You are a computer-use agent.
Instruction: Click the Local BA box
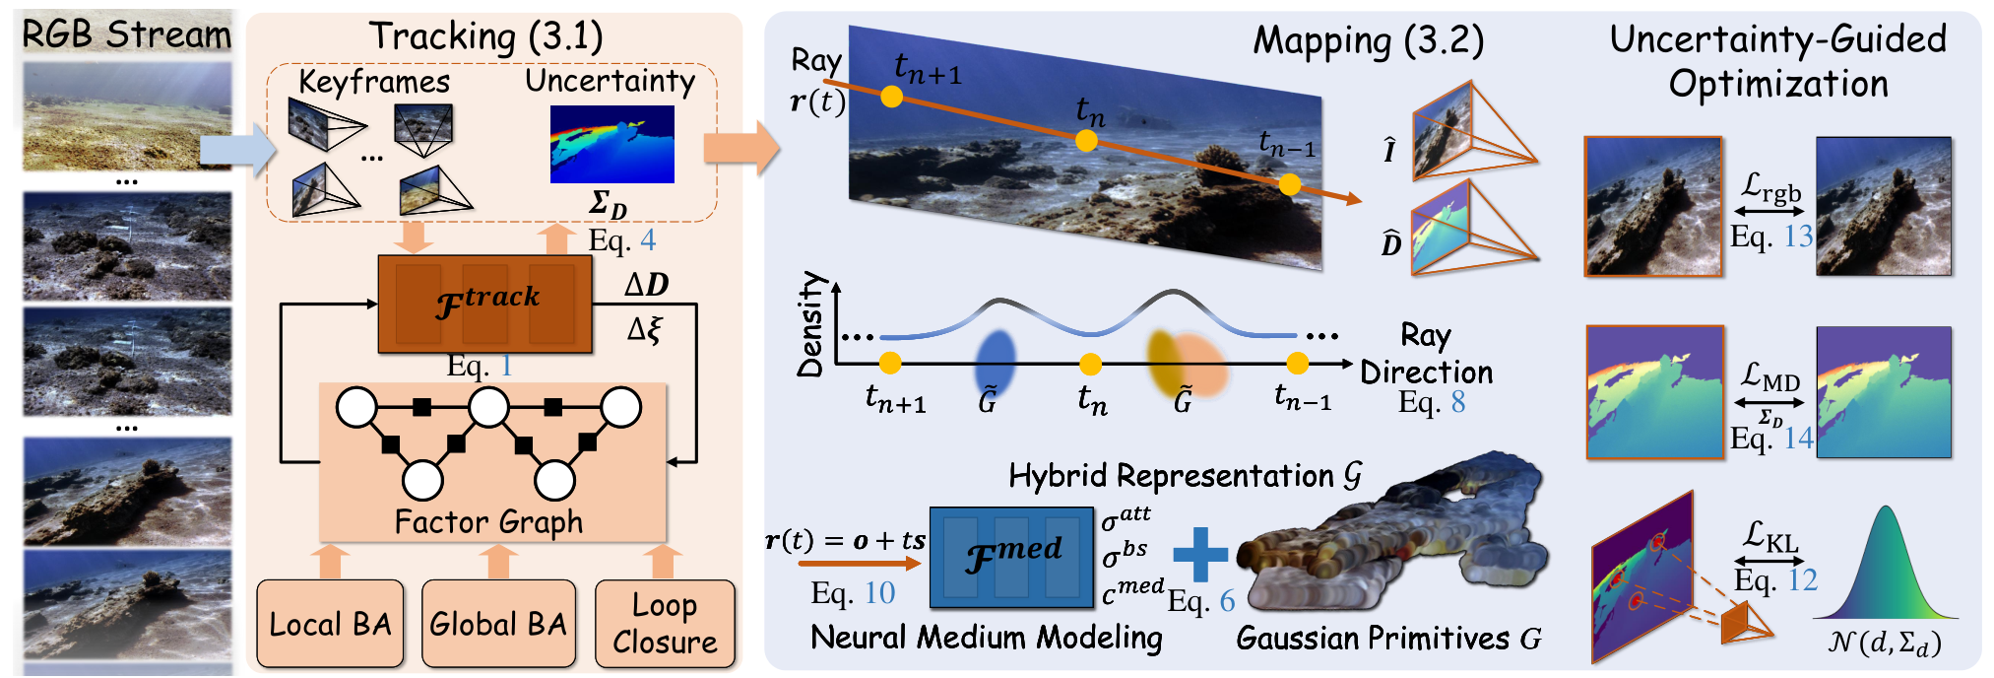330,624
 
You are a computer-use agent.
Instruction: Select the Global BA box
498,624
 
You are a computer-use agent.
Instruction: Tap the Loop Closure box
665,624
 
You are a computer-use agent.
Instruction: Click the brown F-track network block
485,304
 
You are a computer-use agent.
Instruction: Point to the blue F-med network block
1011,557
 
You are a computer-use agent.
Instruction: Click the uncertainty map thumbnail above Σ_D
611,144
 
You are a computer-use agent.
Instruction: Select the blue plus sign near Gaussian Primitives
1200,555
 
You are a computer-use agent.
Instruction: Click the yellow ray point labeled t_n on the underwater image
1086,141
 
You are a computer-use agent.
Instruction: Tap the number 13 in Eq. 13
1798,237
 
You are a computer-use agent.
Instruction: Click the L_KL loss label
1769,537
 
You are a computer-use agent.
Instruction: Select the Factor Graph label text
488,521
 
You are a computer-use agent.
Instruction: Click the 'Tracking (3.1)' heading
485,36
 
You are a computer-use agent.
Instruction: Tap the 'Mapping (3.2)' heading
1368,40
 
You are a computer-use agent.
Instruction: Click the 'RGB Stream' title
126,34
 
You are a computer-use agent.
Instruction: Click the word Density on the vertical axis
810,324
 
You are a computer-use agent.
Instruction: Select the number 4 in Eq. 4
647,240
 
